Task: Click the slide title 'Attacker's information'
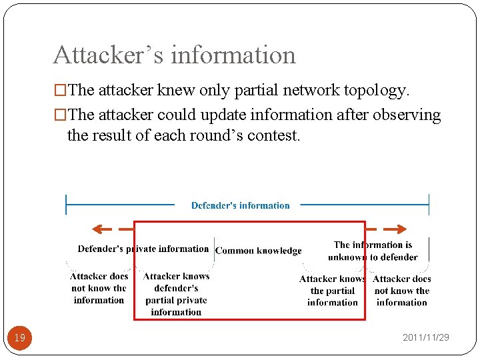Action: (174, 55)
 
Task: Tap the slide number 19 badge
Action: (20, 338)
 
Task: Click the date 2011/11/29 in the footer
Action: (425, 337)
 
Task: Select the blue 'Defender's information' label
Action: (240, 205)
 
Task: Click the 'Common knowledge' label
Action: (258, 251)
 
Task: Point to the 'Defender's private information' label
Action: (143, 249)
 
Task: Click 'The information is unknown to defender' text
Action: (373, 251)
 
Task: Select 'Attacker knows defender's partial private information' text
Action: (176, 294)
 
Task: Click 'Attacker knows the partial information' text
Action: (332, 291)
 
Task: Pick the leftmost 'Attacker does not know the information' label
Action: (99, 288)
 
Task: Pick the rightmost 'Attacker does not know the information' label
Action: (402, 291)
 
